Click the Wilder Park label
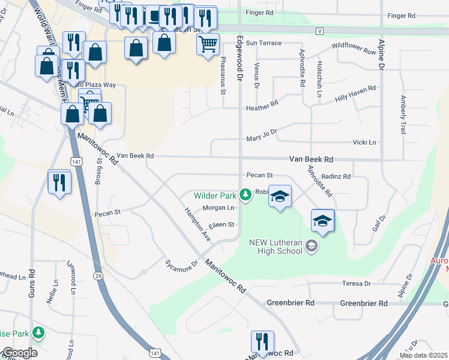click(x=214, y=196)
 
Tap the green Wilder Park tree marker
click(x=245, y=194)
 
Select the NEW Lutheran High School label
click(x=276, y=247)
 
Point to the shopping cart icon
click(x=208, y=44)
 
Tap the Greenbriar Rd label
click(x=291, y=303)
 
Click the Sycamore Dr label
click(x=182, y=263)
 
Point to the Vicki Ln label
click(x=365, y=142)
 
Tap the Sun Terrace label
click(x=264, y=43)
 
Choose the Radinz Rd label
click(x=336, y=176)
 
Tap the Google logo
click(x=19, y=353)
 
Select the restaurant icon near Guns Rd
click(x=59, y=181)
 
